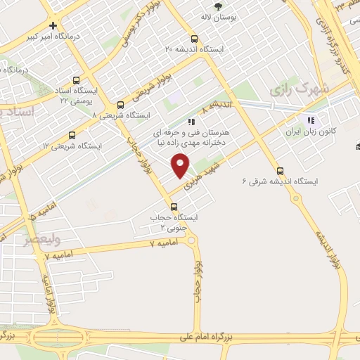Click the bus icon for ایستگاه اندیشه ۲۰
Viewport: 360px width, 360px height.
point(195,39)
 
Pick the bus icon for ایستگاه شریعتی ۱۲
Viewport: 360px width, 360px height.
point(72,136)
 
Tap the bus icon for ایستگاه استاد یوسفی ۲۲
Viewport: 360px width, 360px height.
point(75,81)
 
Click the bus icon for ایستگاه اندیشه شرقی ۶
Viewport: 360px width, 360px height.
point(281,170)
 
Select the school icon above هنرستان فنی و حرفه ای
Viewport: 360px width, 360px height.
point(191,121)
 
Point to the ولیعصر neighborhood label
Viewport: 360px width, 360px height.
point(20,240)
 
